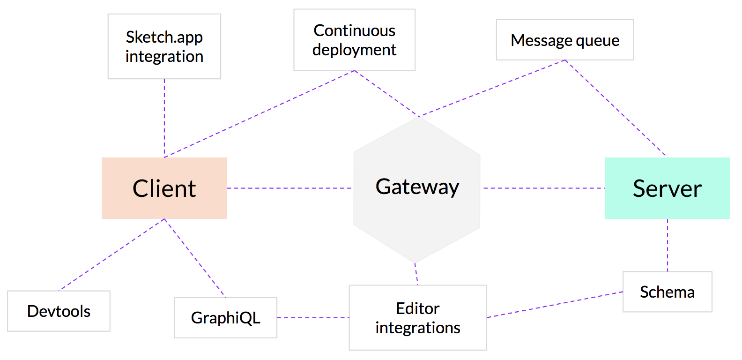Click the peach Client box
tap(164, 188)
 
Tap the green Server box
tap(667, 188)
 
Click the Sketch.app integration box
tap(164, 46)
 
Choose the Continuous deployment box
tap(355, 40)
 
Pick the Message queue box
tap(565, 40)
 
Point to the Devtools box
tap(59, 311)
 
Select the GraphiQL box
tap(226, 317)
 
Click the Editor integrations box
tap(418, 317)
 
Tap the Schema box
tap(667, 292)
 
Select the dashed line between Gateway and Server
tap(544, 188)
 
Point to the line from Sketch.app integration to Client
tap(164, 118)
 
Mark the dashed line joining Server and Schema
tap(667, 245)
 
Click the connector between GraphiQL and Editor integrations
tap(313, 317)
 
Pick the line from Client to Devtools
tap(111, 255)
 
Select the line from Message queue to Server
tap(615, 108)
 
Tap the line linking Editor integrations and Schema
tap(555, 305)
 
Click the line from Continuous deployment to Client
tap(260, 114)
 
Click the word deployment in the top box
tap(354, 50)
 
